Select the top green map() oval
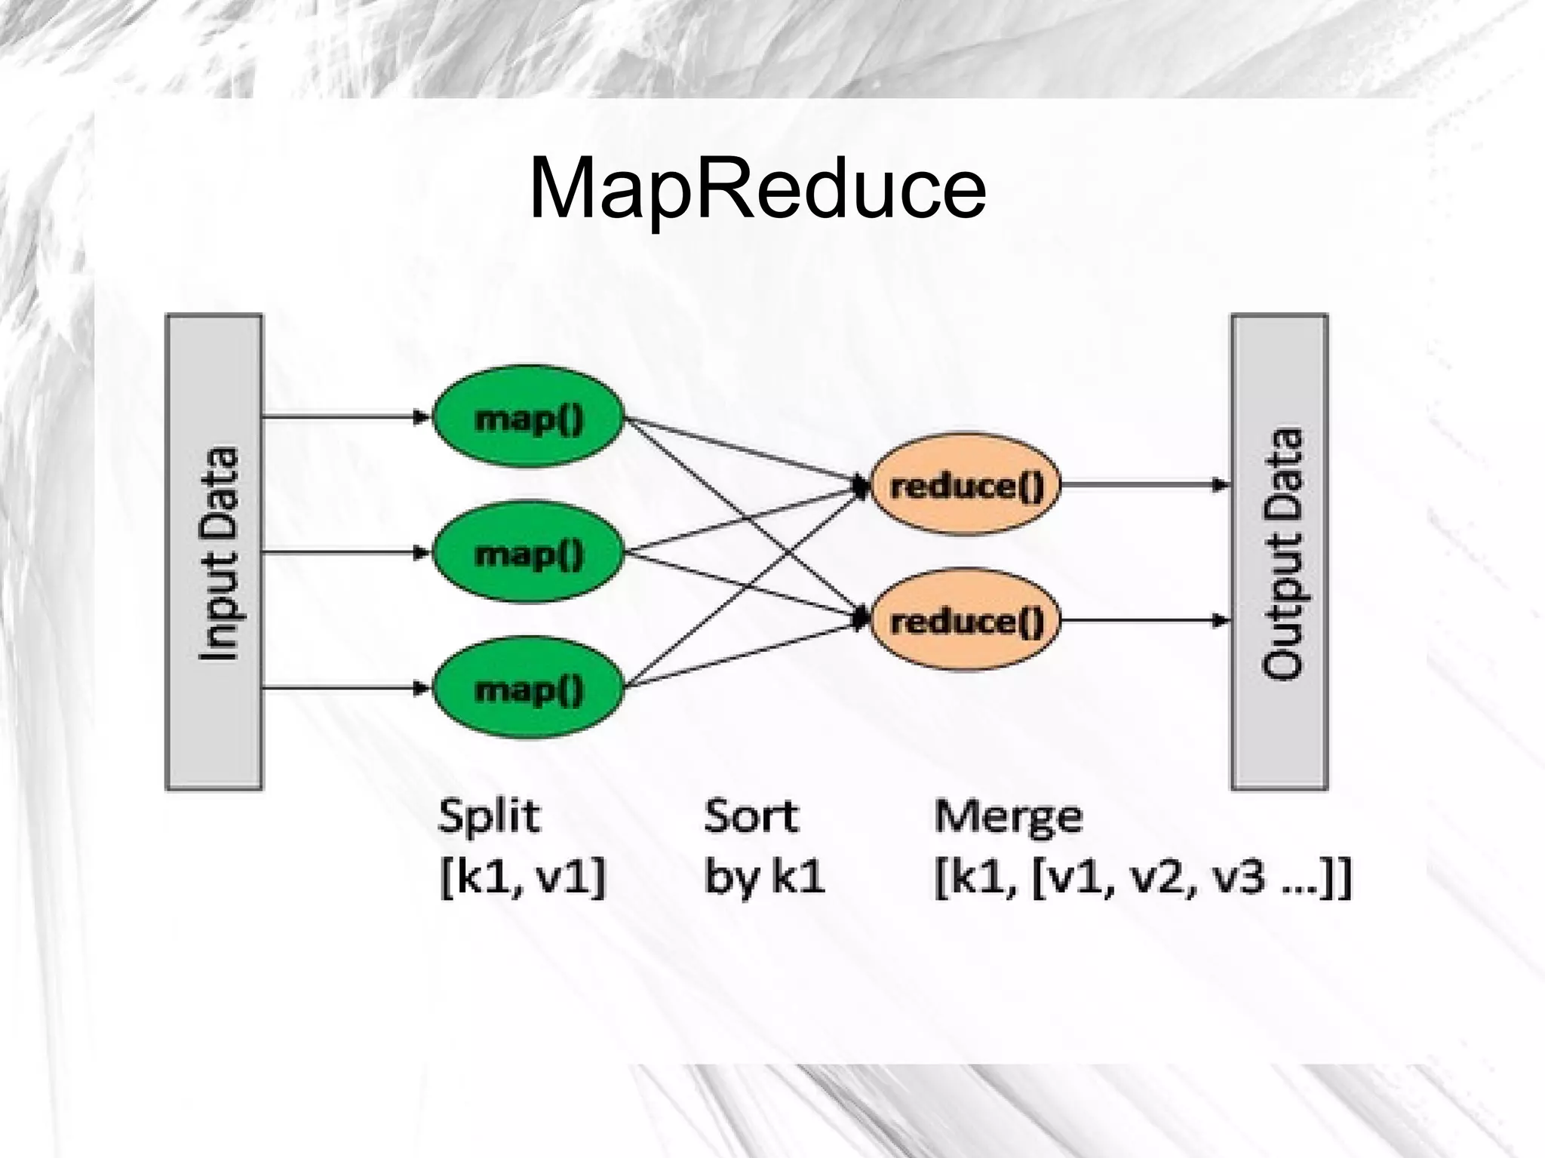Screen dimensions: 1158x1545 (528, 417)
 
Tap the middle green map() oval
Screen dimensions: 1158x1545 (528, 553)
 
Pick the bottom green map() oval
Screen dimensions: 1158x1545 (528, 688)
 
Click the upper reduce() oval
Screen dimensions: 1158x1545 (966, 485)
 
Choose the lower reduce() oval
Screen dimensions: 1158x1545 (966, 621)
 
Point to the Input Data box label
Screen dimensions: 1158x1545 (219, 553)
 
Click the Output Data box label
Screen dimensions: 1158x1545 (1282, 553)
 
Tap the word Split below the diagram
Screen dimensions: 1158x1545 (489, 816)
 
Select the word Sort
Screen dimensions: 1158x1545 (751, 816)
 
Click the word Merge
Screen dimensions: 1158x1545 (1008, 816)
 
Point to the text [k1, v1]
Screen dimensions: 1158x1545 (522, 877)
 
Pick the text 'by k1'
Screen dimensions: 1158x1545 (763, 877)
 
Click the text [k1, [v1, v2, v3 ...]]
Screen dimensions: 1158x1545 (1142, 879)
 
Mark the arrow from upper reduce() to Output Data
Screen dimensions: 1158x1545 (1143, 485)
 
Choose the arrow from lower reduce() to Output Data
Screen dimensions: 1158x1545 (1143, 621)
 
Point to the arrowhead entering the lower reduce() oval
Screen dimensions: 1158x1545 (861, 619)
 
